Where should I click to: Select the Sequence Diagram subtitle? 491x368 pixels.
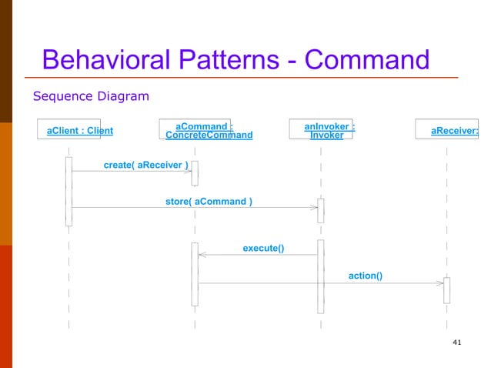90,96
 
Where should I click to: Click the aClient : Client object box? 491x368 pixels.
79,130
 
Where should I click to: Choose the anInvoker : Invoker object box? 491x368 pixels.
322,130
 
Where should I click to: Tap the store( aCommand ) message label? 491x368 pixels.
209,202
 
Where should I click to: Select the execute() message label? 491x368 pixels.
263,248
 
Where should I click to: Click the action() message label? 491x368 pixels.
365,275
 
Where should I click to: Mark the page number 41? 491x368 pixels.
458,342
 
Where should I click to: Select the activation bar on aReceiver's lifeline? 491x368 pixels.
446,289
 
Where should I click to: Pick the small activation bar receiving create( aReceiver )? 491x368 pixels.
195,173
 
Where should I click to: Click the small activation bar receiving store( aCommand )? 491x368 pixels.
321,210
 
